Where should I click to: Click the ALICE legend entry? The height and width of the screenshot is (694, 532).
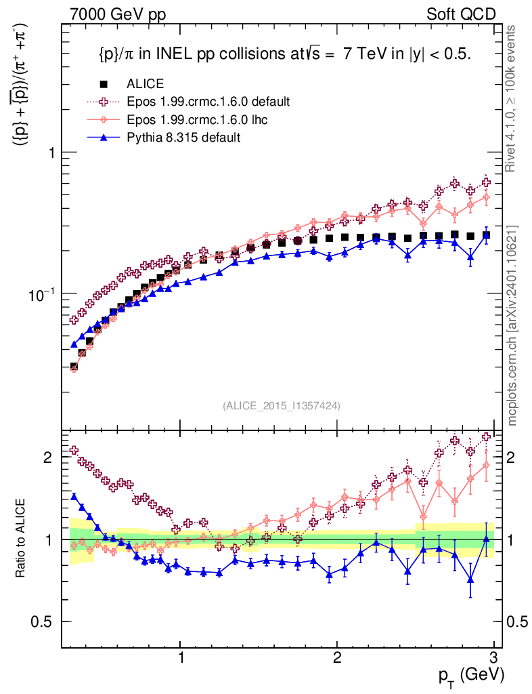pos(144,84)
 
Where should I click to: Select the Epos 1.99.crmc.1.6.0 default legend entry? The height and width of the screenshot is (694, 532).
pos(208,102)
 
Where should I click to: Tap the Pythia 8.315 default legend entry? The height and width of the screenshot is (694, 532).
pos(183,137)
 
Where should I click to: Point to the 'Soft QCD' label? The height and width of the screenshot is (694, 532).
pos(461,14)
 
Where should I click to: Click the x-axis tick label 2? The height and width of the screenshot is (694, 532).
pos(337,657)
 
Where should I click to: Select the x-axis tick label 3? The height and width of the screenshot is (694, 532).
pos(493,657)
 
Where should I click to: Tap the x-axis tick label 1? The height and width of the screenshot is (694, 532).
pos(181,657)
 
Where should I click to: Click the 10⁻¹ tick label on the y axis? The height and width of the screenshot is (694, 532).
pos(43,293)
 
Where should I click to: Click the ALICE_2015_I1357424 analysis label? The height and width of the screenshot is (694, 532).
pos(281,405)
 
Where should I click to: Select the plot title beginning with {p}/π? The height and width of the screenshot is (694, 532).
pos(281,55)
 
